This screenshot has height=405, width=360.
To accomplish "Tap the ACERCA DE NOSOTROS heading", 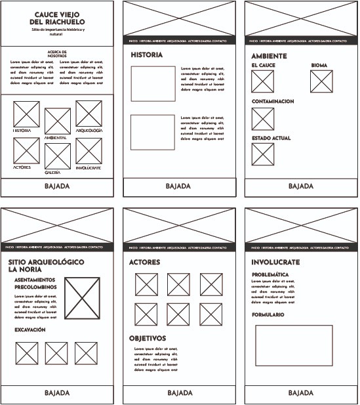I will tap(58, 54).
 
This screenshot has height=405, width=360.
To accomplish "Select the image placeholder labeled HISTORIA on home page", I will tap(27, 114).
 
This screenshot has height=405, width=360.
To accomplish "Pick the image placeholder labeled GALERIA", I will tap(58, 156).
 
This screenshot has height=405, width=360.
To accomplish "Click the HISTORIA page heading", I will tap(146, 55).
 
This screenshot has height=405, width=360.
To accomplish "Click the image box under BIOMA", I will tap(321, 82).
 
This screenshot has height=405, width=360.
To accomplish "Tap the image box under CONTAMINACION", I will tap(263, 118).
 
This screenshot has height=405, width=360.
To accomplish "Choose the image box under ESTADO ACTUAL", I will tap(263, 155).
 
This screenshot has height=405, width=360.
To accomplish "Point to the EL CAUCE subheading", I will tap(263, 66).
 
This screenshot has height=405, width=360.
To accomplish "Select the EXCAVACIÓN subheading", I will tap(30, 330).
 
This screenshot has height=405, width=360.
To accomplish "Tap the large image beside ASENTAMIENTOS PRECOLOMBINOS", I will tap(83, 299).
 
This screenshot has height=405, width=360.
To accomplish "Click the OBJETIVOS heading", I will tap(147, 338).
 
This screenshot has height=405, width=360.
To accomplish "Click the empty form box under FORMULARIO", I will tap(294, 345).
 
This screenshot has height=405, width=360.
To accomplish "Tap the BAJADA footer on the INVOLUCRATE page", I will tap(301, 393).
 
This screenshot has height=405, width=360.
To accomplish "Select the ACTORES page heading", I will tap(145, 262).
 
